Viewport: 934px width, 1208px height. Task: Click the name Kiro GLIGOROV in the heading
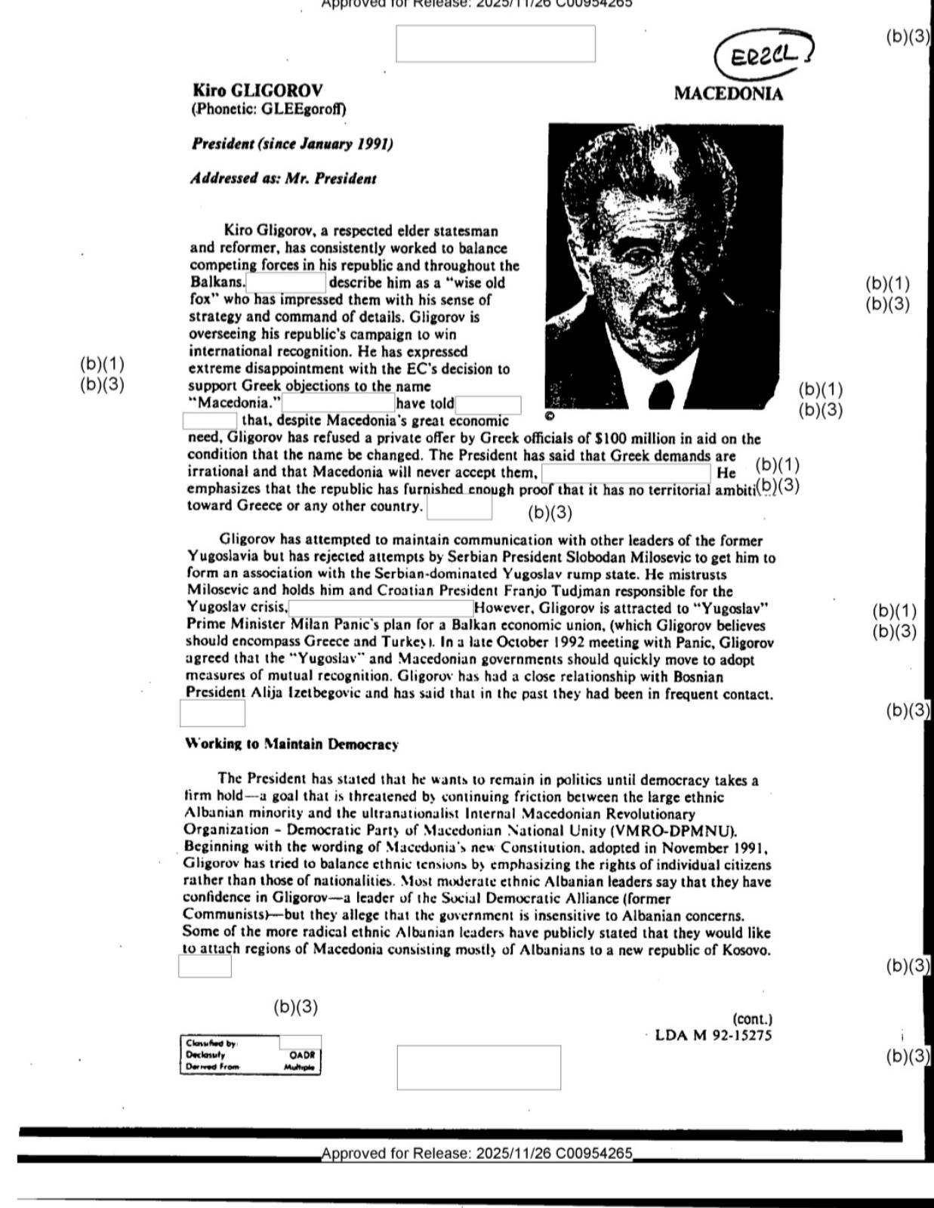(x=257, y=91)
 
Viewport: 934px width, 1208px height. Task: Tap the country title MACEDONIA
(x=728, y=94)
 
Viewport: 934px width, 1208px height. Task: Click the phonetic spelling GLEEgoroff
(x=303, y=109)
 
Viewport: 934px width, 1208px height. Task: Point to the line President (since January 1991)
(x=292, y=143)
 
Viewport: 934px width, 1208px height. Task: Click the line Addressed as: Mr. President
(x=283, y=179)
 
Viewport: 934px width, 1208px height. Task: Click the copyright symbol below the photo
(x=549, y=415)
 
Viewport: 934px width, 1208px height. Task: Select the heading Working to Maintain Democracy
(x=291, y=744)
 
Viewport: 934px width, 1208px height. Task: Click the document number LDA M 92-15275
(x=714, y=1035)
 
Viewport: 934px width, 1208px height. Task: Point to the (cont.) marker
(x=752, y=1018)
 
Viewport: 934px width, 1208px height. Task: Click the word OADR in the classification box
(x=302, y=1055)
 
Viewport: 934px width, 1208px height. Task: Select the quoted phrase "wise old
(x=469, y=283)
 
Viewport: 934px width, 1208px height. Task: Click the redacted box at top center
(x=495, y=44)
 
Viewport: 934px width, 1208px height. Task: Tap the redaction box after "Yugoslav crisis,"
(x=381, y=608)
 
